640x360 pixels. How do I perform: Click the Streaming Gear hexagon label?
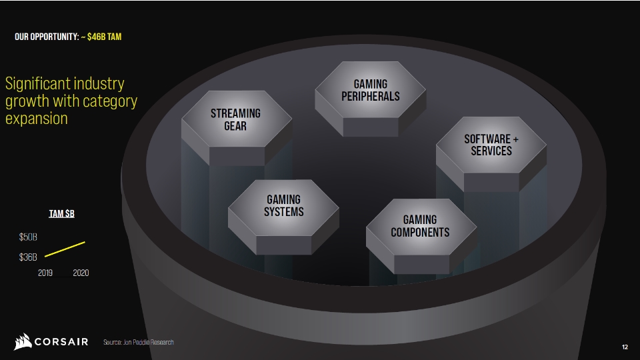[235, 119]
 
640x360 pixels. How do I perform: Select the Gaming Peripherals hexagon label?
[371, 90]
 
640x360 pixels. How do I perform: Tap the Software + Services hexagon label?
[491, 145]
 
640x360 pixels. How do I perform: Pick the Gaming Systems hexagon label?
[284, 206]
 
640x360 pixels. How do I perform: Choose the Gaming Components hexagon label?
[420, 226]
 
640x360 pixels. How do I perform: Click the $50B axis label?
[28, 237]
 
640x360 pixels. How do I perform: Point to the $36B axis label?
[28, 257]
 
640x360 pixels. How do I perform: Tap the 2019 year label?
[45, 273]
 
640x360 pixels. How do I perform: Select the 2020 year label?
[81, 273]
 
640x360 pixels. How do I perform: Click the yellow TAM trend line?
[65, 249]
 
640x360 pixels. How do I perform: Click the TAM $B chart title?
[61, 213]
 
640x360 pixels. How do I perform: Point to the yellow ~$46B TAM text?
[101, 37]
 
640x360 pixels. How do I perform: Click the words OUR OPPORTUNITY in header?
[47, 37]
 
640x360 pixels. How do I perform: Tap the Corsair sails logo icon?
[23, 341]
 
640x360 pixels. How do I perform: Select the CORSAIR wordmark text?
[61, 341]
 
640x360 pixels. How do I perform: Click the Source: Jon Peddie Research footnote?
[139, 342]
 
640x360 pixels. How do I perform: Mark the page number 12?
[625, 347]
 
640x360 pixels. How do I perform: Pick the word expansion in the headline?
[36, 119]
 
